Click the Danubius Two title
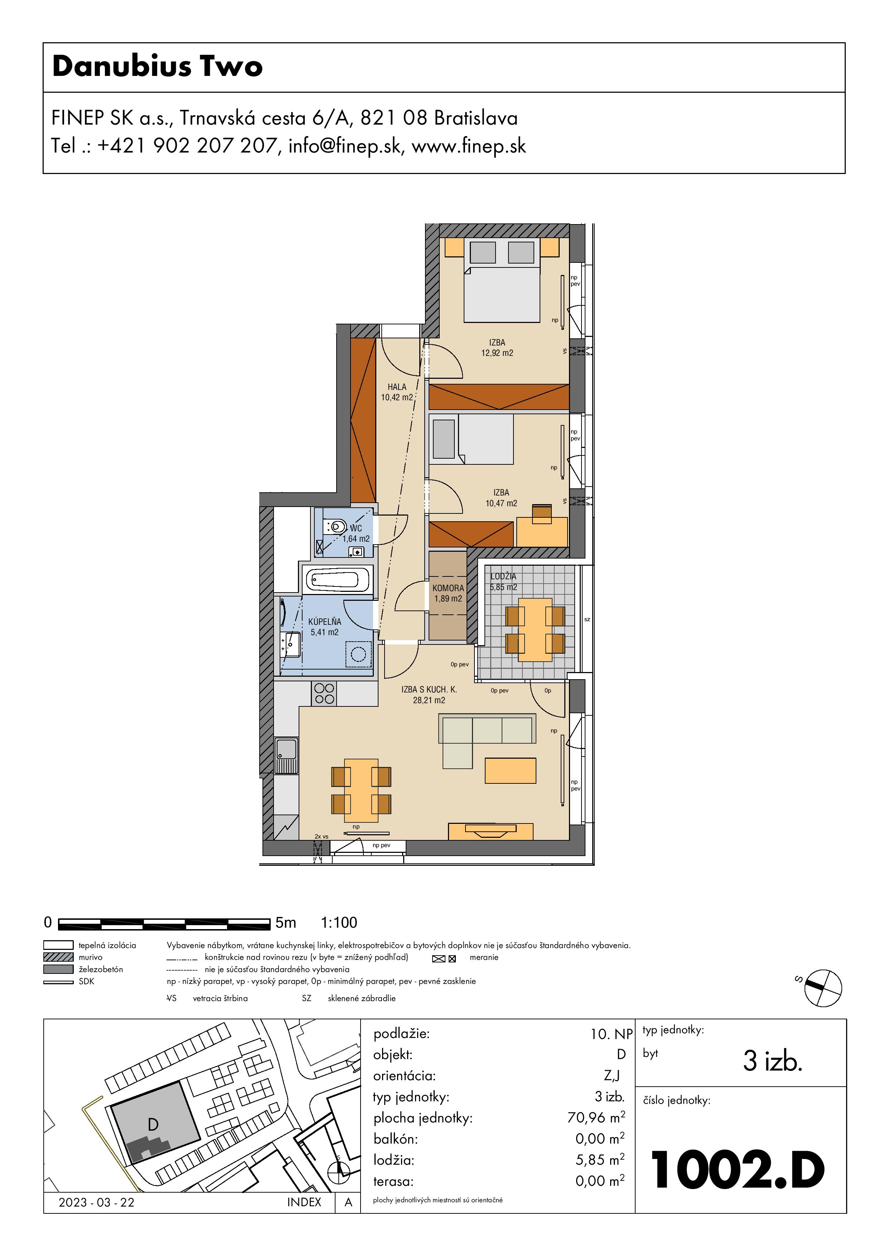point(158,66)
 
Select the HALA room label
point(397,387)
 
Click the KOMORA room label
point(448,588)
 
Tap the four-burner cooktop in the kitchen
point(324,694)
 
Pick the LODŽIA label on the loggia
point(503,576)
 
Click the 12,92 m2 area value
point(497,353)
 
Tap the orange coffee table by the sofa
point(511,770)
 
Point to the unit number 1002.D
point(737,1170)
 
